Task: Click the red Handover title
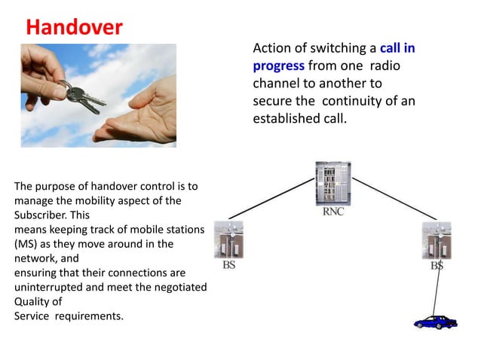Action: click(x=74, y=28)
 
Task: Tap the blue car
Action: click(x=436, y=322)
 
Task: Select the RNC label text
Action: click(x=333, y=212)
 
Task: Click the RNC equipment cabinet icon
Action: click(x=332, y=185)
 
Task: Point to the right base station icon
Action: click(x=437, y=240)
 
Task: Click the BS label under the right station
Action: click(x=437, y=266)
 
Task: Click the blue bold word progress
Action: click(x=278, y=66)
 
